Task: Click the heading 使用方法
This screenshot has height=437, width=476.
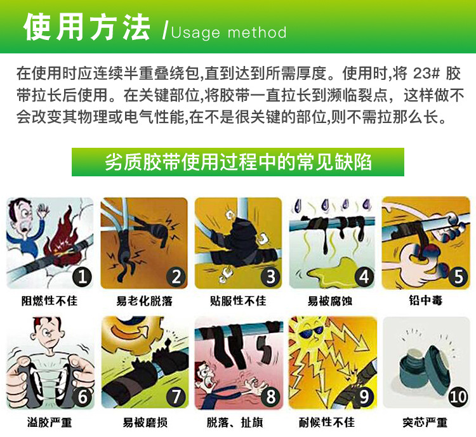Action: (87, 28)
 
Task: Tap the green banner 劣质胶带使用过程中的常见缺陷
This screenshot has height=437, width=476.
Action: (237, 162)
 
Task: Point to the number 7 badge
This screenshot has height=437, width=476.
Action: (176, 396)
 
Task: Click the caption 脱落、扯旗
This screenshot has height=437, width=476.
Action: (237, 422)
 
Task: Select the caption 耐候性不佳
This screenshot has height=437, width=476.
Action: (331, 422)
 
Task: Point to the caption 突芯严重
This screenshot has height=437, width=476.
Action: (425, 422)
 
